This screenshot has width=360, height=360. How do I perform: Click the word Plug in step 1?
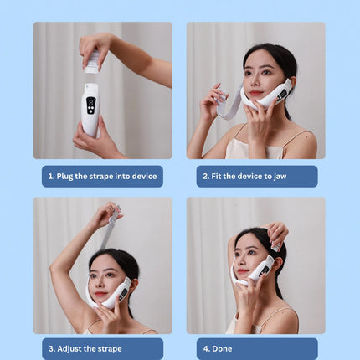pyautogui.click(x=64, y=177)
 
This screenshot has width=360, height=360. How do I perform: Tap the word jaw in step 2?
pyautogui.click(x=280, y=177)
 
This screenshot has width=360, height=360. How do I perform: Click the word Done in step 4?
pyautogui.click(x=222, y=348)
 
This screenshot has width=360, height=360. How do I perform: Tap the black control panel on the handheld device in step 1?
pyautogui.click(x=91, y=105)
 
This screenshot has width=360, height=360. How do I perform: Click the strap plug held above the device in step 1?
pyautogui.click(x=92, y=62)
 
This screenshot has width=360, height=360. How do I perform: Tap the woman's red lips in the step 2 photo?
pyautogui.click(x=256, y=93)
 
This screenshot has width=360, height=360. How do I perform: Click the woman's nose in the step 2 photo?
pyautogui.click(x=255, y=82)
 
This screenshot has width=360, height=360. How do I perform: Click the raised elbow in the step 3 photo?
pyautogui.click(x=54, y=268)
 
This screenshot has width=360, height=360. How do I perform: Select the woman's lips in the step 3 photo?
pyautogui.click(x=100, y=294)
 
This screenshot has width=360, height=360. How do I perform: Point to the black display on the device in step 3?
pyautogui.click(x=124, y=295)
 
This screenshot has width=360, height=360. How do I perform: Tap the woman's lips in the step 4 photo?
pyautogui.click(x=242, y=271)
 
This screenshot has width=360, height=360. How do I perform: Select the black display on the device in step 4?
pyautogui.click(x=264, y=271)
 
